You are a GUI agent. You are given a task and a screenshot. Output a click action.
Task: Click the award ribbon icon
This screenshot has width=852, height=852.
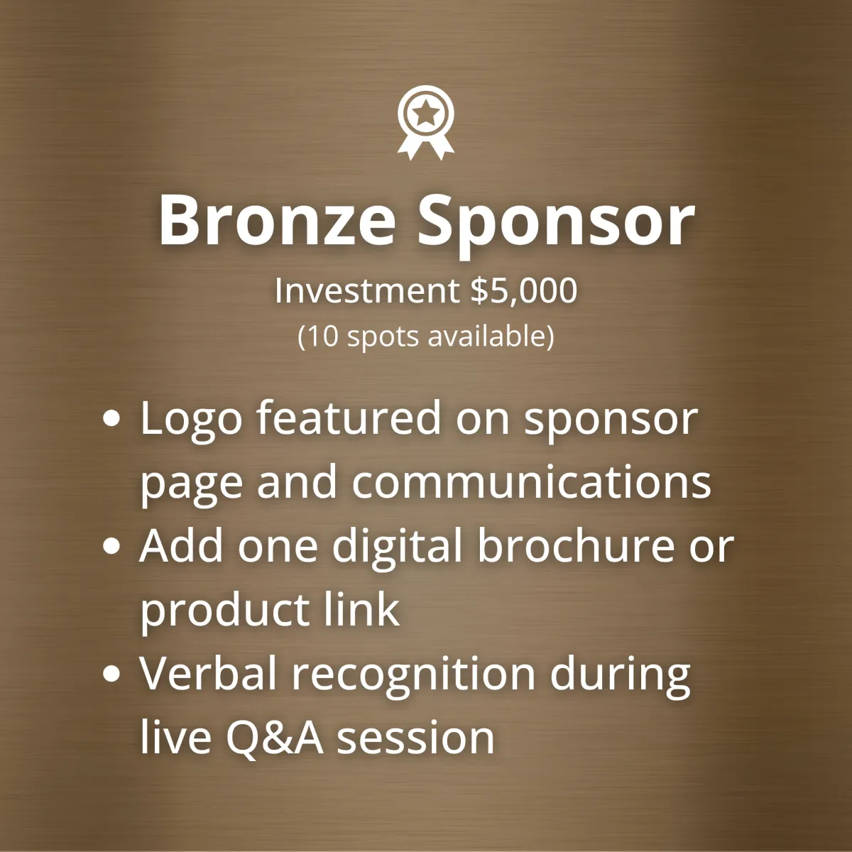[x=426, y=122]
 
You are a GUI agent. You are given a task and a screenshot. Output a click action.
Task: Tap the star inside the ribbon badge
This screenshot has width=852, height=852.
[x=426, y=112]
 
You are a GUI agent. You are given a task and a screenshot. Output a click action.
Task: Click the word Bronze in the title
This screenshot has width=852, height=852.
[x=277, y=220]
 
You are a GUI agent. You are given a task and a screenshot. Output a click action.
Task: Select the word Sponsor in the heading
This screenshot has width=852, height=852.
[x=556, y=226]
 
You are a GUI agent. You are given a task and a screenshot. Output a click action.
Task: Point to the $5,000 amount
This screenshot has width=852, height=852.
[x=524, y=291]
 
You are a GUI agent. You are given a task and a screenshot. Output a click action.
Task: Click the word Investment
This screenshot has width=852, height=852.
[x=367, y=291]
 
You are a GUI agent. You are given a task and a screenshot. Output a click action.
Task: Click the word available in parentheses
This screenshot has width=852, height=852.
[x=485, y=337]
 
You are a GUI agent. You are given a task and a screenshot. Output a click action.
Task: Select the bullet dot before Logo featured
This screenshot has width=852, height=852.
[x=111, y=418]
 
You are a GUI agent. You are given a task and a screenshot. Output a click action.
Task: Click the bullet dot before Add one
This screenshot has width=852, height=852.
[x=111, y=546]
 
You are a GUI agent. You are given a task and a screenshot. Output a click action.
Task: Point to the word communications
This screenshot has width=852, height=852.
[x=532, y=481]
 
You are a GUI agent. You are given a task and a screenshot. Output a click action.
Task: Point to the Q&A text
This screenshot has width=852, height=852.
[x=275, y=738]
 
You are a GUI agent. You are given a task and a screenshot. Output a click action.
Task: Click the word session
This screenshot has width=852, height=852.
[x=415, y=739]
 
